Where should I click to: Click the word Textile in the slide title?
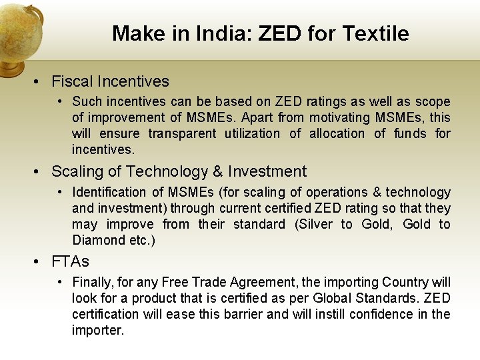tap(377, 33)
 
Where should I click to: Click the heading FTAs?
tap(70, 261)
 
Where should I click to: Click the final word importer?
tap(97, 330)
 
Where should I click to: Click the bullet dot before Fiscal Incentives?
tap(39, 82)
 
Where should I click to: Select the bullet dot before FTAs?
tap(39, 261)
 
